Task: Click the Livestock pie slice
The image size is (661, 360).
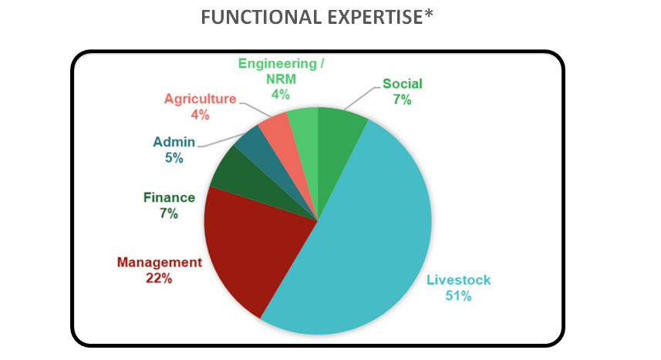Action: (363, 236)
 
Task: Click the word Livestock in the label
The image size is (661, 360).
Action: (459, 280)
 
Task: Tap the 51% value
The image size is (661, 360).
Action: (459, 296)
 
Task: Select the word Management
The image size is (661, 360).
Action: (160, 262)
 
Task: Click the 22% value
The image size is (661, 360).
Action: (159, 278)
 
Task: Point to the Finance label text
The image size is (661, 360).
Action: (169, 197)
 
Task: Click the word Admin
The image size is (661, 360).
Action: (174, 142)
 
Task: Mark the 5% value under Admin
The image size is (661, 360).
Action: (174, 158)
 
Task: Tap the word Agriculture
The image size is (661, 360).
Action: (201, 99)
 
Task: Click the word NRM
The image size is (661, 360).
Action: (282, 79)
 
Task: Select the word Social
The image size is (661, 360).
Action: (402, 83)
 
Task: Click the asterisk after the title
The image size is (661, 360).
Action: (429, 13)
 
